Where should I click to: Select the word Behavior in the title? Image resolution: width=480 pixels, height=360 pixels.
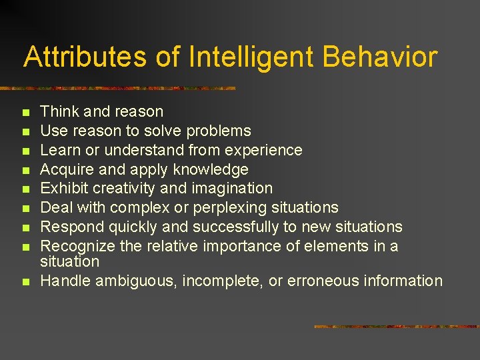click(380, 57)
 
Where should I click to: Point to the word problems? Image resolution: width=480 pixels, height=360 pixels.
click(219, 131)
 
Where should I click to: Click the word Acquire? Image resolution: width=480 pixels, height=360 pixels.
click(65, 169)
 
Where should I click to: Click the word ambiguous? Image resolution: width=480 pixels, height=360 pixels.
click(136, 281)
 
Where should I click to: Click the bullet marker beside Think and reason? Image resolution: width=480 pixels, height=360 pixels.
click(26, 113)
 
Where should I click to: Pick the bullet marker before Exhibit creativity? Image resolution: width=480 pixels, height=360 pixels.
click(26, 190)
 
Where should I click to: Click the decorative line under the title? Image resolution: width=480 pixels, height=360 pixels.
click(120, 88)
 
